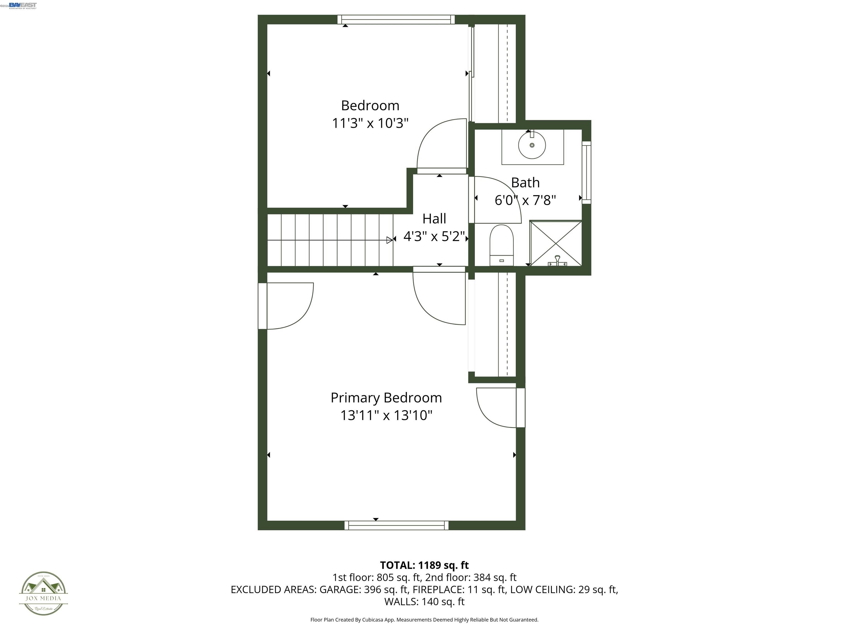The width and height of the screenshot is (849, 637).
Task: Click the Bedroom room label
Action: (370, 106)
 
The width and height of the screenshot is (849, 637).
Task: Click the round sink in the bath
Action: (531, 145)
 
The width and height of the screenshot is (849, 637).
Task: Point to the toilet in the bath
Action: (501, 245)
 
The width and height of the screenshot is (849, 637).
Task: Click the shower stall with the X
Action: (555, 243)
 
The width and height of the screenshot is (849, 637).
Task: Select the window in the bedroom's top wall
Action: (396, 20)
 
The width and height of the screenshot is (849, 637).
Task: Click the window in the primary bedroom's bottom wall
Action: (396, 525)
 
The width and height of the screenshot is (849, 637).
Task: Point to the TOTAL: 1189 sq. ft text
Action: (424, 565)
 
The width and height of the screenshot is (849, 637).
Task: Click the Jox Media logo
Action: (43, 593)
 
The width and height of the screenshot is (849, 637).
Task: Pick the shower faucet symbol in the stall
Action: (557, 261)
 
